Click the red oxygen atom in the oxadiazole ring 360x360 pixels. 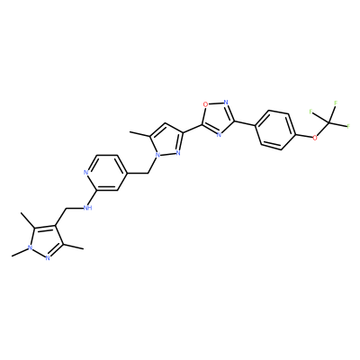pos(205,104)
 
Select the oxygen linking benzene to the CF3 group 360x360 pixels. pos(315,138)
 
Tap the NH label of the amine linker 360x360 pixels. pos(87,208)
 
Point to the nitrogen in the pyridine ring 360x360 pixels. pos(85,172)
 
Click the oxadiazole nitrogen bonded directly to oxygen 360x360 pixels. pos(226,102)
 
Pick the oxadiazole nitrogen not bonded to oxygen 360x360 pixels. pos(219,134)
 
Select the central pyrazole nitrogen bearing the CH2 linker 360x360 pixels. pos(157,155)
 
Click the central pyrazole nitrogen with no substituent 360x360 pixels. pos(178,153)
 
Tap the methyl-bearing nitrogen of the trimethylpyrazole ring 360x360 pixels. pos(30,248)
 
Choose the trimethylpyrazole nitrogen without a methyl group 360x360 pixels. pos(48,258)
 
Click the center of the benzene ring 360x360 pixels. pos(275,130)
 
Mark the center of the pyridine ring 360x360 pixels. pos(105,173)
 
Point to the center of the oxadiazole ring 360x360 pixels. pos(219,117)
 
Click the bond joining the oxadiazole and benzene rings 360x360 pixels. pos(245,123)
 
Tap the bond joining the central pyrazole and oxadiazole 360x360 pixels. pos(192,128)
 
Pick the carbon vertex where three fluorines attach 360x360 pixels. pos(328,122)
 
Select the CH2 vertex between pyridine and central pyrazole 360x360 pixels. pos(148,173)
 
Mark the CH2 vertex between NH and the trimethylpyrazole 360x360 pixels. pos(66,208)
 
